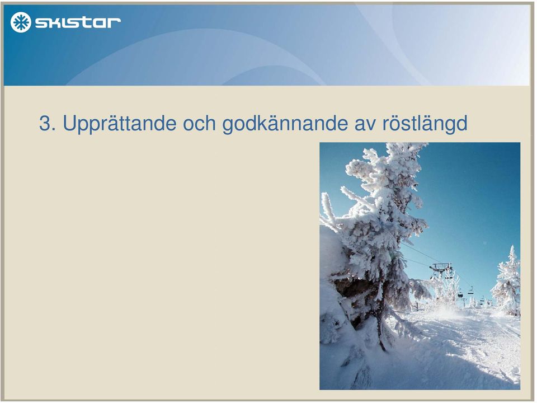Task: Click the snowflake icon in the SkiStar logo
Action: pyautogui.click(x=21, y=22)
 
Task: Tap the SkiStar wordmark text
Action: pyautogui.click(x=78, y=22)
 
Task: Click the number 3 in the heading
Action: pyautogui.click(x=44, y=123)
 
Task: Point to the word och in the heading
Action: pyautogui.click(x=199, y=123)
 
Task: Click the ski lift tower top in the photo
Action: pyautogui.click(x=441, y=266)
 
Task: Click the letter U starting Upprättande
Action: pyautogui.click(x=69, y=123)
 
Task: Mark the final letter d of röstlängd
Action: pyautogui.click(x=463, y=123)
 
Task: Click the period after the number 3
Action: pyautogui.click(x=54, y=130)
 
